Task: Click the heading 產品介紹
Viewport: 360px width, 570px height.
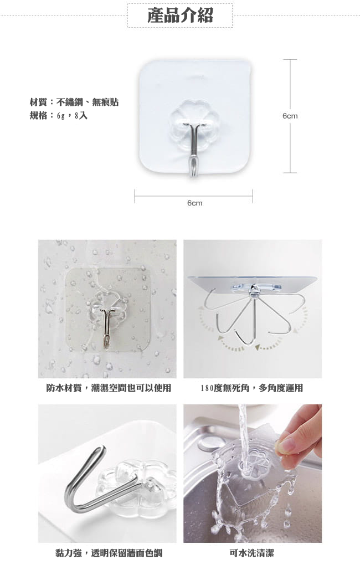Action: pos(180,16)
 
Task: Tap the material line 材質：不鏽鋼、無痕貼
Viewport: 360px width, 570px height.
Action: pos(74,102)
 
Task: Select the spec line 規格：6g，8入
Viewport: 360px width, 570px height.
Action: pos(59,116)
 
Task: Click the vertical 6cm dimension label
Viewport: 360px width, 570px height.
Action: pos(290,116)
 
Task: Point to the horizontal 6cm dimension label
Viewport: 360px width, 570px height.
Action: pos(194,203)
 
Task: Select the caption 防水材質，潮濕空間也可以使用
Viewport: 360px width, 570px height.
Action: pos(109,388)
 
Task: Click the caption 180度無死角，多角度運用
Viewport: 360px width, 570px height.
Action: pos(251,388)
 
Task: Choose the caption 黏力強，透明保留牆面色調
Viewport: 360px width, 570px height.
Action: pos(109,553)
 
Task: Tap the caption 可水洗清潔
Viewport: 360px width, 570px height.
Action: pos(251,553)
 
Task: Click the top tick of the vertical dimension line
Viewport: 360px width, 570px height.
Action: pos(290,60)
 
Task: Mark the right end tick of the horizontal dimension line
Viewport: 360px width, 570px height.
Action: pos(253,196)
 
